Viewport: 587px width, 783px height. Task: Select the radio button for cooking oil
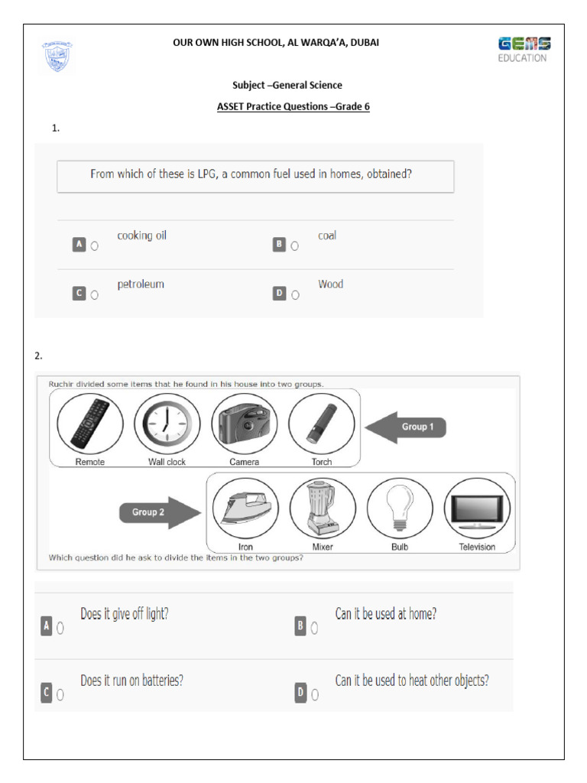pos(95,246)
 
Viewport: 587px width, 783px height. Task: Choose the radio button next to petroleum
pos(95,294)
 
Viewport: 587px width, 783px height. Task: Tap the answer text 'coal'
pos(327,236)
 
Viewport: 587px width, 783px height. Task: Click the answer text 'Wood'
pos(330,284)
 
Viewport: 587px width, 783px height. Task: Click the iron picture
pos(245,509)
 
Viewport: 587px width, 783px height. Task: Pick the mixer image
pos(323,508)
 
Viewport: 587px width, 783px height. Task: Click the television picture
pos(477,509)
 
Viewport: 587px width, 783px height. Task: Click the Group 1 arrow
pos(405,427)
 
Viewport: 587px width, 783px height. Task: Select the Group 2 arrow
pos(157,512)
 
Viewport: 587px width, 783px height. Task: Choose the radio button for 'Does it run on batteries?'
pos(60,695)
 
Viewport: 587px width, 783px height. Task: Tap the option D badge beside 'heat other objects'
pos(300,694)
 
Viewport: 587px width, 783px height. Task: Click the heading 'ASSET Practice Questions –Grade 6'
pos(293,107)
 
